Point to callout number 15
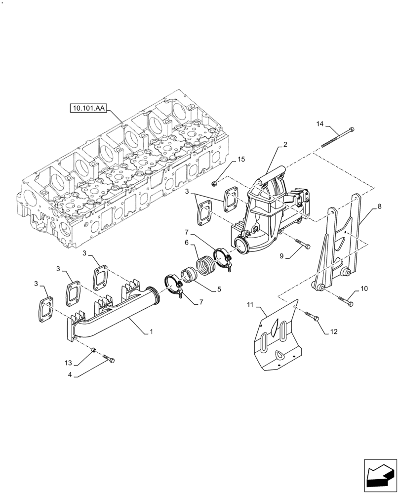pyautogui.click(x=241, y=159)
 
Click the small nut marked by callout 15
pyautogui.click(x=213, y=183)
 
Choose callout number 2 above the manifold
pyautogui.click(x=285, y=145)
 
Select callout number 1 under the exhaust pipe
pyautogui.click(x=151, y=332)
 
